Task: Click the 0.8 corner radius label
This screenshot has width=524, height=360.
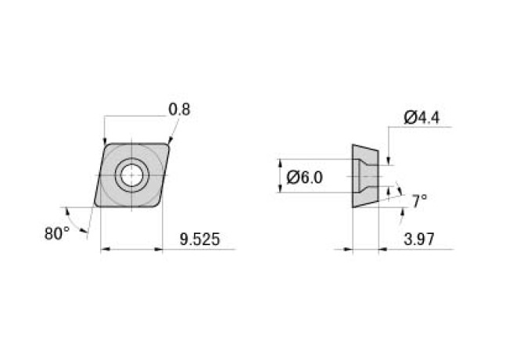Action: (179, 110)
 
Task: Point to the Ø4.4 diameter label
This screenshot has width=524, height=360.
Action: (422, 118)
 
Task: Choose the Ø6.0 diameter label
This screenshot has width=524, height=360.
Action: (305, 177)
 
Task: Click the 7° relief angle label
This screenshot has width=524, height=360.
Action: (419, 200)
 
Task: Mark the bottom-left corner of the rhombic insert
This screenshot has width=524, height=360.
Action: (96, 206)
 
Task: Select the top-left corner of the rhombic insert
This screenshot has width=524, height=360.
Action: (106, 143)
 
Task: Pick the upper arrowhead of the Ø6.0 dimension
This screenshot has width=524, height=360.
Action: (280, 162)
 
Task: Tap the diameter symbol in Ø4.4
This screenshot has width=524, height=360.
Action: (411, 118)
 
